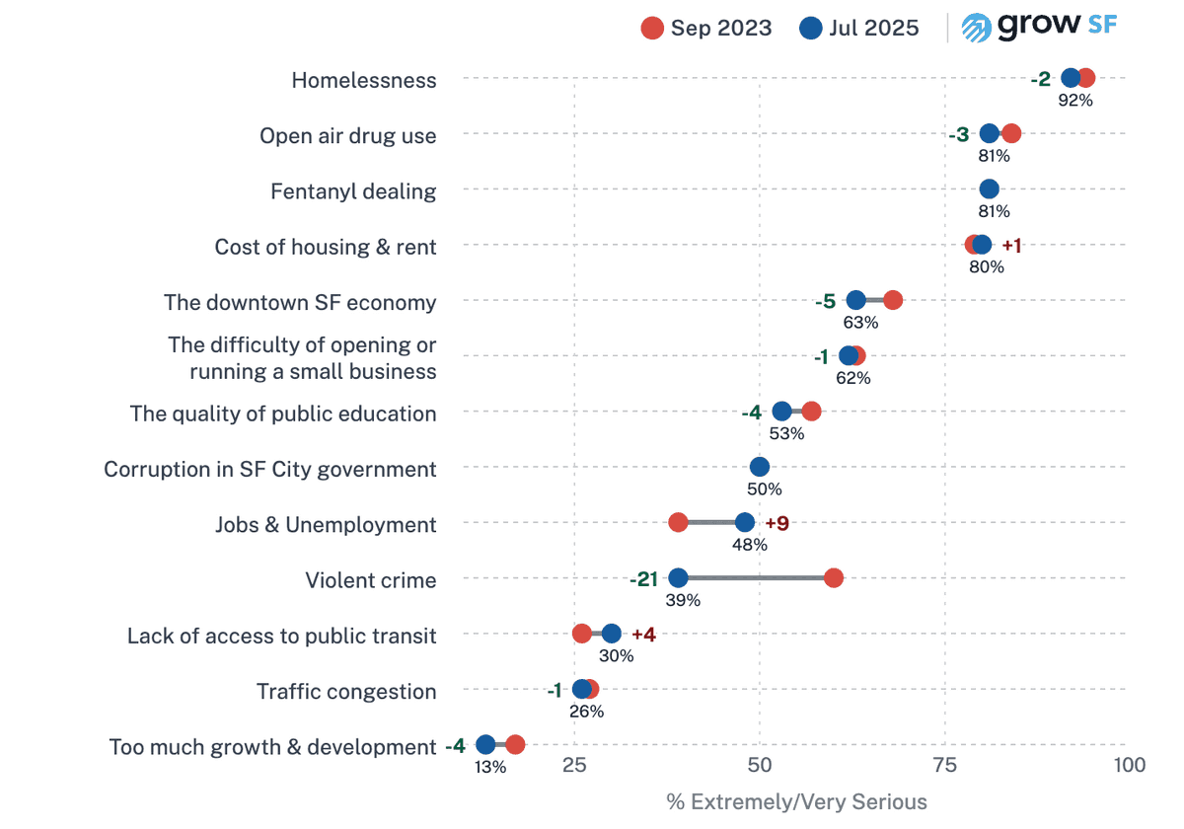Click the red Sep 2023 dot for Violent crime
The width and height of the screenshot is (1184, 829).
coord(834,578)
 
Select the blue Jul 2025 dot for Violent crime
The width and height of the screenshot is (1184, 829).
coord(678,578)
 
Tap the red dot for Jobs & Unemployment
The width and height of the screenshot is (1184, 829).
coord(678,523)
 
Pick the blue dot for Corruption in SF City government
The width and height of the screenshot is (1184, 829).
coord(760,468)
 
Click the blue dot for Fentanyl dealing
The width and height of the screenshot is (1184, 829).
coord(989,189)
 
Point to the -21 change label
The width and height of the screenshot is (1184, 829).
coord(643,579)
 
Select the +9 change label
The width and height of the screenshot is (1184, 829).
coord(777,523)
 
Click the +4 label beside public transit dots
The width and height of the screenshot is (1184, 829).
coord(643,635)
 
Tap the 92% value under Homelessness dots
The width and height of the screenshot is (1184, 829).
coord(1075,100)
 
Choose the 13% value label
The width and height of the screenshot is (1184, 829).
coord(490,767)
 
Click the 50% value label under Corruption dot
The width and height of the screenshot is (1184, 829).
coord(765,489)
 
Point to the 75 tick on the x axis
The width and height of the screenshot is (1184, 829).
coord(945,765)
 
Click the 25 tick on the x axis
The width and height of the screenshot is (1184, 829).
coord(575,765)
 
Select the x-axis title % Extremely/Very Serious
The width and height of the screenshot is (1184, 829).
coord(796,801)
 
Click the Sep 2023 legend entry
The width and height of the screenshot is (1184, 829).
coord(706,28)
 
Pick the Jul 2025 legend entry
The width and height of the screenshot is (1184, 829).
coord(859,28)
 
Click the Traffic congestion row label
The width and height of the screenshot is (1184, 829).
coord(346,692)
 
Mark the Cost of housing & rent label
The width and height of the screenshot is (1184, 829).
coord(326,247)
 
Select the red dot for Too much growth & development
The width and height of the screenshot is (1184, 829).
coord(515,745)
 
